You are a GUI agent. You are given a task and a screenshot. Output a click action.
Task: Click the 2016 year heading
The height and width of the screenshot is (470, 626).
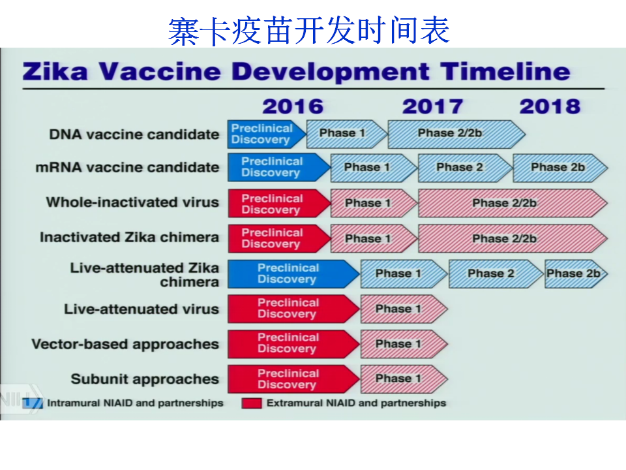[x=293, y=106]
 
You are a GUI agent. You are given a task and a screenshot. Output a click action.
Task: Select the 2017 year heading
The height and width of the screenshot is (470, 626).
[x=432, y=106]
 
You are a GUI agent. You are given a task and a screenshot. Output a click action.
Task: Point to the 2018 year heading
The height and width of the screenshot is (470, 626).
[x=550, y=106]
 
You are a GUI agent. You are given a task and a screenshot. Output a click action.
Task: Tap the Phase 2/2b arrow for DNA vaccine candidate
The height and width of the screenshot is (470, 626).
[x=456, y=134]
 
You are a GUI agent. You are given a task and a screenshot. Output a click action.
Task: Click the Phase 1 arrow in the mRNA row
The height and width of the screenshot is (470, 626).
[x=374, y=168]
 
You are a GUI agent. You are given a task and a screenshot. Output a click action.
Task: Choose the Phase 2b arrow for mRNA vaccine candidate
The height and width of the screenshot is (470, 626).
[x=560, y=168]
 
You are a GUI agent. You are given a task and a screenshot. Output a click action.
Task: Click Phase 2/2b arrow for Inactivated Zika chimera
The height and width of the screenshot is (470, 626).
[x=513, y=239]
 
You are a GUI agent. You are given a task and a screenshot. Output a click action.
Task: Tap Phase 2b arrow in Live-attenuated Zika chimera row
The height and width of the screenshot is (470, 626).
[x=576, y=274]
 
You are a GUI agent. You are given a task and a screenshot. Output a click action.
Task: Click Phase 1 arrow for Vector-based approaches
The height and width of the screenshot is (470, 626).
[x=404, y=344]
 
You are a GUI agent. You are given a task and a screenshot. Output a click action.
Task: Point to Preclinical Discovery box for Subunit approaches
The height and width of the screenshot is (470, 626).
[x=294, y=379]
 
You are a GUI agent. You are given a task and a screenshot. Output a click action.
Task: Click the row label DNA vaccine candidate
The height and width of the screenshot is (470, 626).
[x=134, y=134]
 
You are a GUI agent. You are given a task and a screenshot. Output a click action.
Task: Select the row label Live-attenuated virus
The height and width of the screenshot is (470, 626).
[x=142, y=309]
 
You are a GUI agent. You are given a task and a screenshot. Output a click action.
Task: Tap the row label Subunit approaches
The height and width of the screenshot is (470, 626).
[x=145, y=379]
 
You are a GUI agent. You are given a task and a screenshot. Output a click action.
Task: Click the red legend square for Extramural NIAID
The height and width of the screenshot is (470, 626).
[x=252, y=403]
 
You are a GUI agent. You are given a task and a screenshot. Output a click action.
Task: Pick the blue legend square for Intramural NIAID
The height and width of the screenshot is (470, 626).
[x=33, y=403]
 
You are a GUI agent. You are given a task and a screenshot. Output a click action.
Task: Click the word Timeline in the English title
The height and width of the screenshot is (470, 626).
[x=505, y=72]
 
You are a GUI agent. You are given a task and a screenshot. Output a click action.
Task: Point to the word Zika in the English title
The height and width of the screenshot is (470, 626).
[x=55, y=72]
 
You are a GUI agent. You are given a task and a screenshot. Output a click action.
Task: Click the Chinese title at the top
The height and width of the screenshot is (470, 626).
[x=309, y=31]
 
